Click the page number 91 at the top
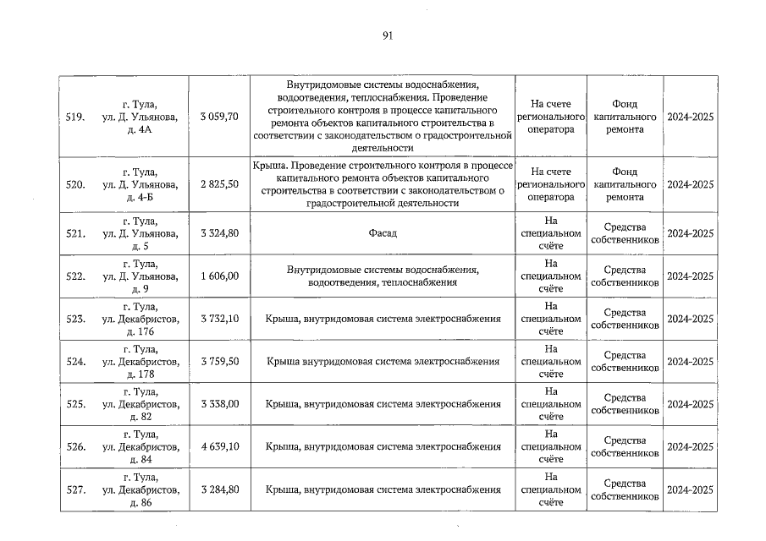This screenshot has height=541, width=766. (x=388, y=36)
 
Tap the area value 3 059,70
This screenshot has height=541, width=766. (x=219, y=117)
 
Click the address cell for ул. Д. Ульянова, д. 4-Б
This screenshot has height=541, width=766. (x=140, y=184)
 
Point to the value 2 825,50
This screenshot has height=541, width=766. (x=219, y=184)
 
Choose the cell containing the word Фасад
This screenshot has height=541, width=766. (x=383, y=233)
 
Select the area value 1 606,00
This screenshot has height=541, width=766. (x=219, y=276)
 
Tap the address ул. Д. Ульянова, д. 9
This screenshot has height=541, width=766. (x=140, y=276)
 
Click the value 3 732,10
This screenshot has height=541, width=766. (x=219, y=319)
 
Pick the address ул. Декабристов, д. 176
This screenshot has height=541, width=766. (x=140, y=319)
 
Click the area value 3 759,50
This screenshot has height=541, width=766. (x=219, y=362)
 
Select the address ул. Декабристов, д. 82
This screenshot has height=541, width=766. (x=140, y=404)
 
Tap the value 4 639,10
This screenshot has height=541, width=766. (x=219, y=447)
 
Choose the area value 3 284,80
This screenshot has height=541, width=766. (x=219, y=489)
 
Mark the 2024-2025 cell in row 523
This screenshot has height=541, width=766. (x=690, y=319)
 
